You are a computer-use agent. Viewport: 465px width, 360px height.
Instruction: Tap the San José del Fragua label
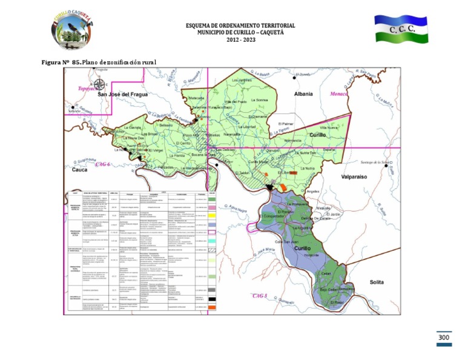[125, 95]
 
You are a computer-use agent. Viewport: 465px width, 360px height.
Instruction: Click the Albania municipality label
[303, 94]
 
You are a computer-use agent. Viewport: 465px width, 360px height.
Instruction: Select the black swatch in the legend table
[213, 299]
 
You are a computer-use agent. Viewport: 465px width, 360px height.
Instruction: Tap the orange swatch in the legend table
[213, 308]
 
